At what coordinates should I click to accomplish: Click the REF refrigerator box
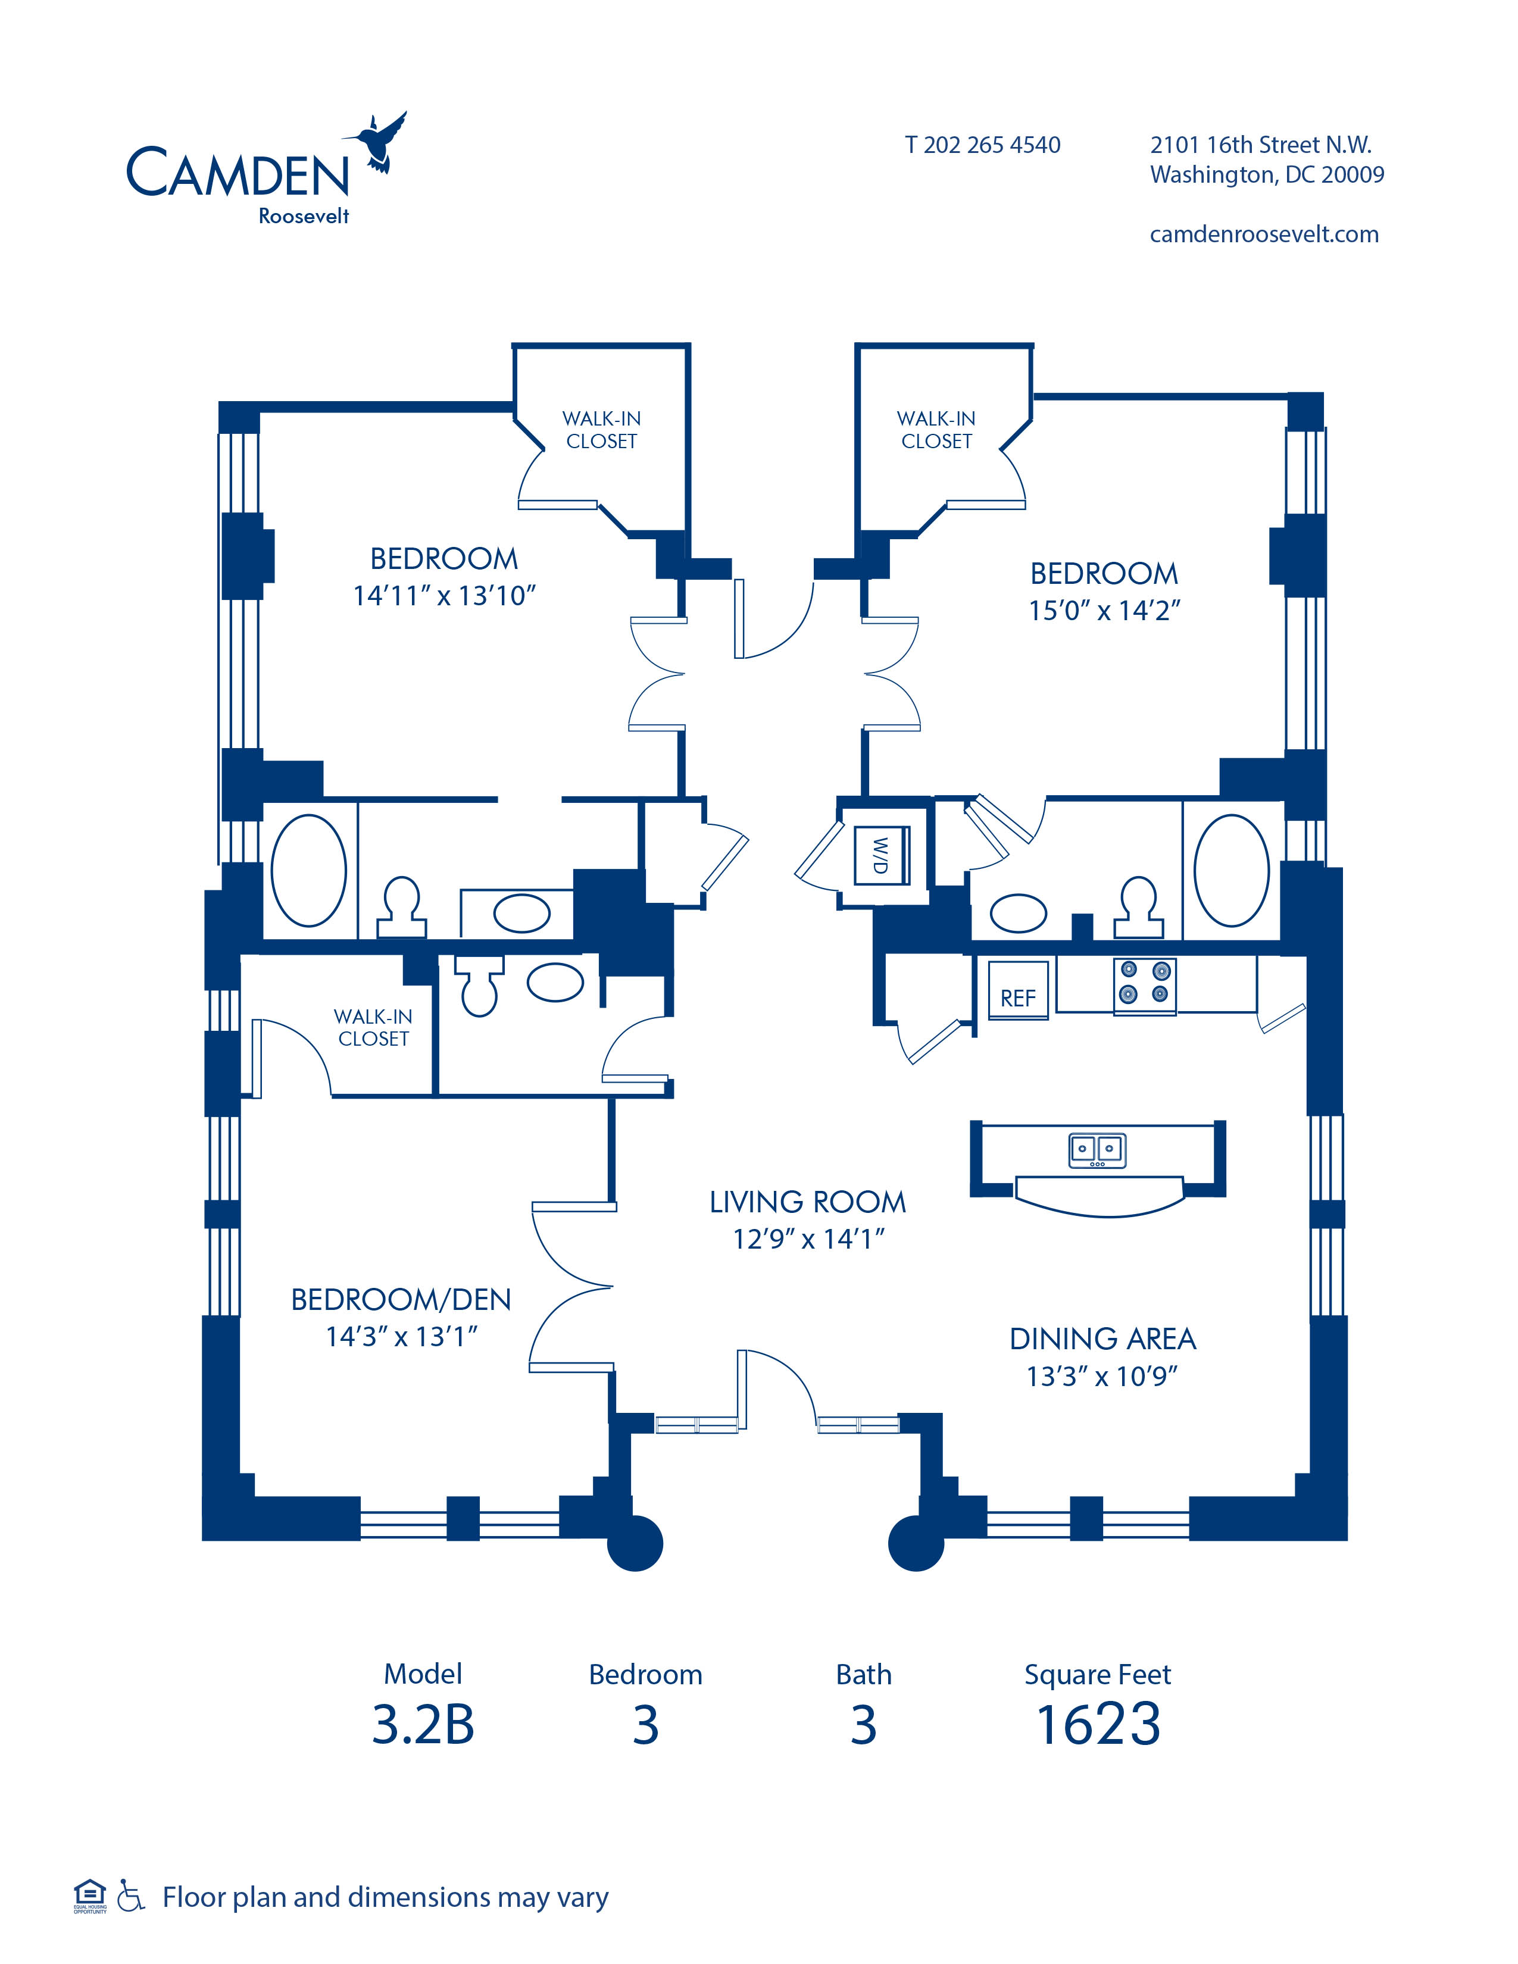(x=1018, y=989)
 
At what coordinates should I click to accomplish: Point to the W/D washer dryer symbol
(x=881, y=855)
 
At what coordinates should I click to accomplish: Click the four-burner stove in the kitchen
(x=1144, y=985)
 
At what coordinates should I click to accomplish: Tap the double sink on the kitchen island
(x=1097, y=1150)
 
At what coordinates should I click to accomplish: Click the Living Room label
(x=808, y=1202)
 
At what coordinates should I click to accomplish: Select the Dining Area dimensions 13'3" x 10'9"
(x=1102, y=1376)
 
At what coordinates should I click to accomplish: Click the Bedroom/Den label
(x=401, y=1299)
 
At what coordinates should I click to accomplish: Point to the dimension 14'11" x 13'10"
(x=444, y=595)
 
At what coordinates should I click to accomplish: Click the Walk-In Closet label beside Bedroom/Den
(x=373, y=1027)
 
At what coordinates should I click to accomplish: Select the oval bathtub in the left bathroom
(x=308, y=871)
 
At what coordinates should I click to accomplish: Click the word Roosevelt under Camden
(x=304, y=216)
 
